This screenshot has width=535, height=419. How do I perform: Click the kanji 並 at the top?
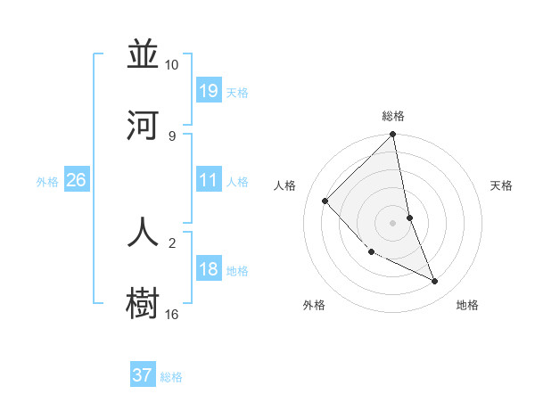pos(144,54)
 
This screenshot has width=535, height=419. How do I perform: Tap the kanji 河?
pos(144,126)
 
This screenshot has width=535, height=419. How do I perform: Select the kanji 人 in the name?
pos(144,231)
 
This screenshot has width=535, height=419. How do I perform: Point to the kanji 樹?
pos(144,302)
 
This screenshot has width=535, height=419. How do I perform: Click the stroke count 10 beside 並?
pos(172,65)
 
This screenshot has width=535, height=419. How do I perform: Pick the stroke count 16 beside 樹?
pos(172,314)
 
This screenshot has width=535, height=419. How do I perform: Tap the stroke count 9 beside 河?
pos(172,136)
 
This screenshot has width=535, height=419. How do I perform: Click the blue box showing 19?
pos(209,90)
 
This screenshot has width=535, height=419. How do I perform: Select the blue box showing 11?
pos(209,180)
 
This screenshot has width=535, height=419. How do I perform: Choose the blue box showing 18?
pos(209,269)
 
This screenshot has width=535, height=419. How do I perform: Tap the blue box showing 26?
pos(76,180)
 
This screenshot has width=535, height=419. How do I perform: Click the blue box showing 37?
pos(143,375)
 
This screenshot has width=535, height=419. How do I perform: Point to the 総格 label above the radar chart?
pos(393,116)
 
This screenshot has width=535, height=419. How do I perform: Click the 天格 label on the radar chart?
pos(502,185)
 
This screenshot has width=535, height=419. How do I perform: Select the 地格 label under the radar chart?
pos(467,305)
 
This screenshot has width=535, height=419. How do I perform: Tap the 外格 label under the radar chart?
pos(314,305)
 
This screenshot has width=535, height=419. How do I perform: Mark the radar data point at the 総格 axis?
pos(393,135)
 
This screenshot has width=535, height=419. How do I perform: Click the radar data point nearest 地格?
pos(435,281)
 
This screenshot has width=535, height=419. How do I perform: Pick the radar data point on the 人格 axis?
pos(325,201)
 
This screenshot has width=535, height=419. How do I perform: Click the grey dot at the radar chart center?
pos(393,223)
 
